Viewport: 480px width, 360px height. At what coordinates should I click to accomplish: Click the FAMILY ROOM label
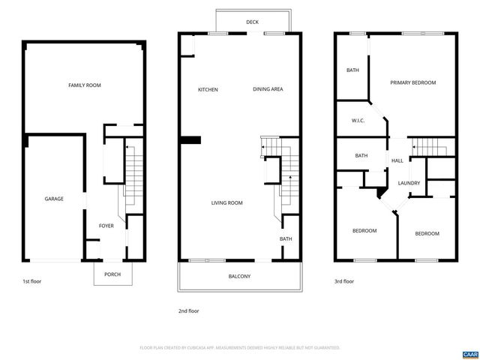85,85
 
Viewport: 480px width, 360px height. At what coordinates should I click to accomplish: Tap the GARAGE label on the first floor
54,199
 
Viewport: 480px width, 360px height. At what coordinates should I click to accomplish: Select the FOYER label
106,225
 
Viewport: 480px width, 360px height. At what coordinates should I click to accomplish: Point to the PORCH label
112,274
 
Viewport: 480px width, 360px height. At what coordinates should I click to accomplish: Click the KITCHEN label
208,90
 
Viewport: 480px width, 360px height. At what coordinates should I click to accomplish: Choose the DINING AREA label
268,90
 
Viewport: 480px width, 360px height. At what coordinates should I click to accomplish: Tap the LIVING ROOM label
226,203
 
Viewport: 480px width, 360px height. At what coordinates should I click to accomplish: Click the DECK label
253,22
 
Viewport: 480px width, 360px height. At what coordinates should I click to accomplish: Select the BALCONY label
239,277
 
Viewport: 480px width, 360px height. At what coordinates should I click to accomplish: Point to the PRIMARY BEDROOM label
412,82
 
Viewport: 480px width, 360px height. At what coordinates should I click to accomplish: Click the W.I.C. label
358,121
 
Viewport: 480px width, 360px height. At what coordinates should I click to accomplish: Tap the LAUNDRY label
409,183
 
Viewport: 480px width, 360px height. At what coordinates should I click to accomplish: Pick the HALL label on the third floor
397,160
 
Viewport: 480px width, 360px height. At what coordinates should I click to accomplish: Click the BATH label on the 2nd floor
286,239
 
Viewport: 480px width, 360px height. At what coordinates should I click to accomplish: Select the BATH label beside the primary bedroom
352,70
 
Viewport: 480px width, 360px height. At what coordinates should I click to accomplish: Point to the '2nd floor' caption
188,310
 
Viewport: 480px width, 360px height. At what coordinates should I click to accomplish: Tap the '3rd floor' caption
344,281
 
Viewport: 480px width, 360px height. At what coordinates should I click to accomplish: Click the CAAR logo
469,353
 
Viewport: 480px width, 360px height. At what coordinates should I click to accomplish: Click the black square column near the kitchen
193,139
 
